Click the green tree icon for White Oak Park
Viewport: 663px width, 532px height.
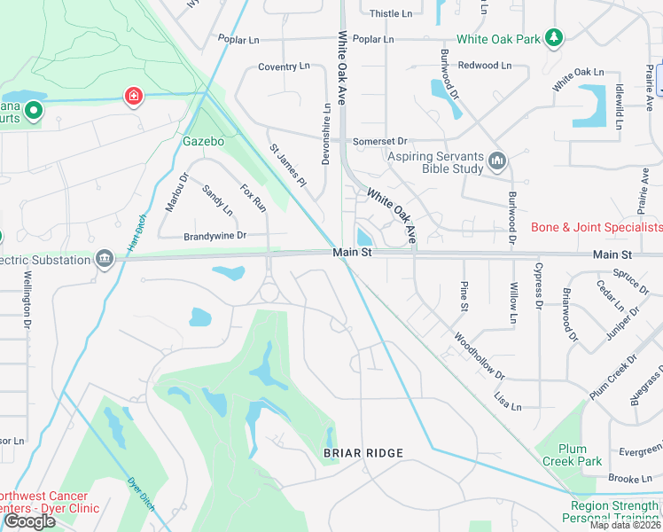[x=554, y=37]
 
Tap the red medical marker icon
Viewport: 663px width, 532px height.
[x=134, y=96]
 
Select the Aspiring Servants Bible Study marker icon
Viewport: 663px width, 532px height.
[x=496, y=162]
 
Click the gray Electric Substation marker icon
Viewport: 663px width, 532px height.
[x=105, y=259]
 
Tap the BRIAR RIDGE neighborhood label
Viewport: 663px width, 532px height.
[x=363, y=453]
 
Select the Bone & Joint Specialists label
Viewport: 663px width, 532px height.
[x=596, y=228]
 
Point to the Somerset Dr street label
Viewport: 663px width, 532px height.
[x=379, y=141]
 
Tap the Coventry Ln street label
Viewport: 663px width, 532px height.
[x=284, y=66]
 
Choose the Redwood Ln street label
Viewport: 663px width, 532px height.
[x=485, y=66]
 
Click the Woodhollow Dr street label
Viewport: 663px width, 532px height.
[x=479, y=356]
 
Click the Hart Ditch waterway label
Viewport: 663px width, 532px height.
[x=136, y=234]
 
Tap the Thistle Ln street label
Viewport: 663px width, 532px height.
[x=391, y=13]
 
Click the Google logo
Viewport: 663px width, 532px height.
[x=29, y=521]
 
